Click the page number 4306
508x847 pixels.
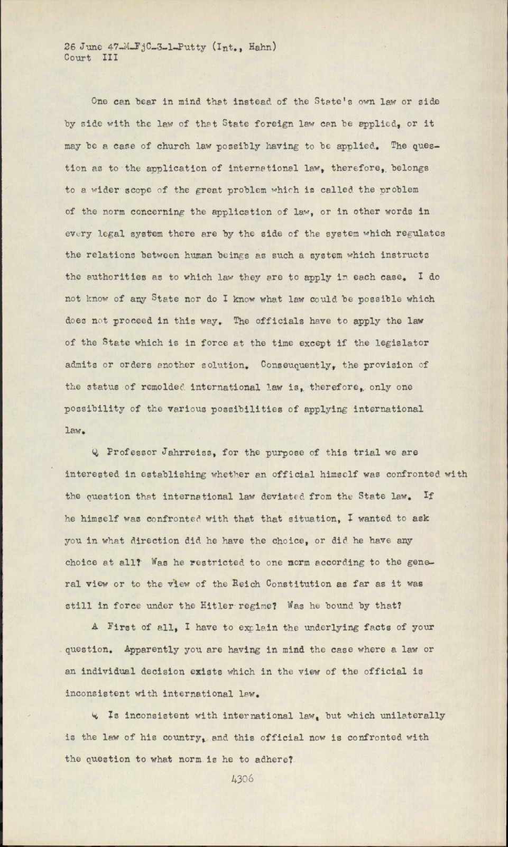242,779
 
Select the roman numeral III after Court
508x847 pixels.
110,58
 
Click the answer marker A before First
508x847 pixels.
95,627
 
